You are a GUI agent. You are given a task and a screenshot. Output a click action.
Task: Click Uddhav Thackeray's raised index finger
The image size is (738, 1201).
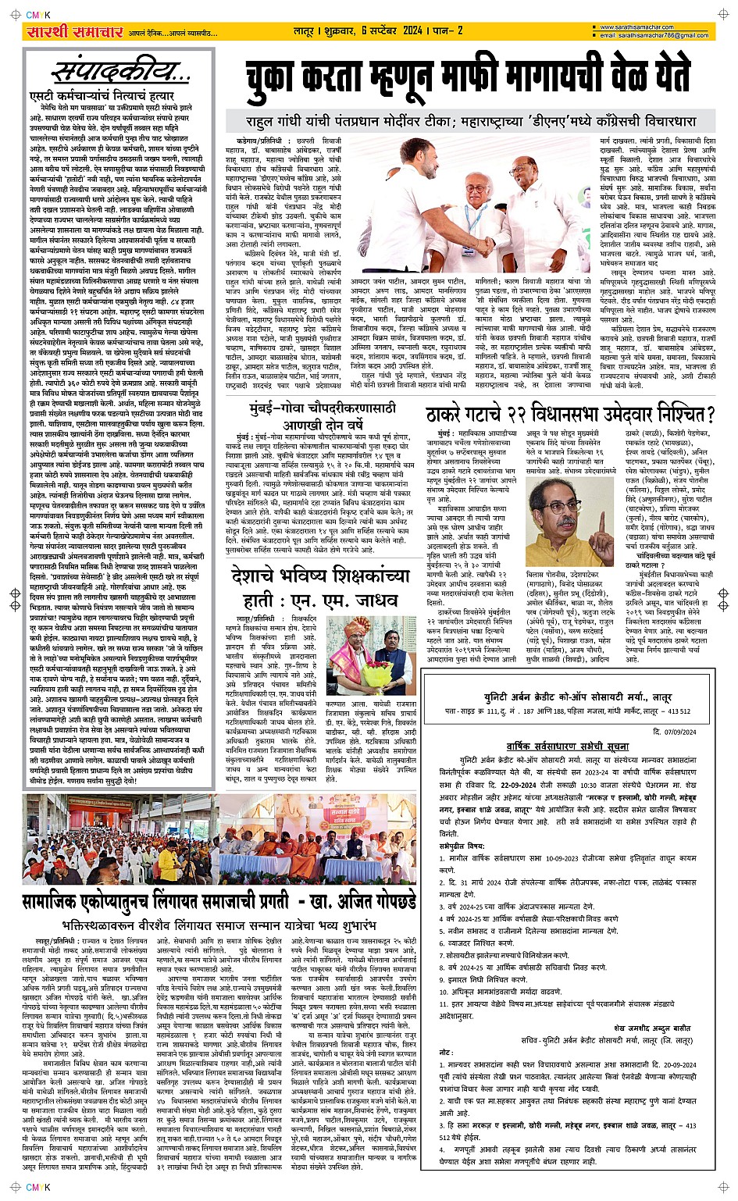click(601, 517)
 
